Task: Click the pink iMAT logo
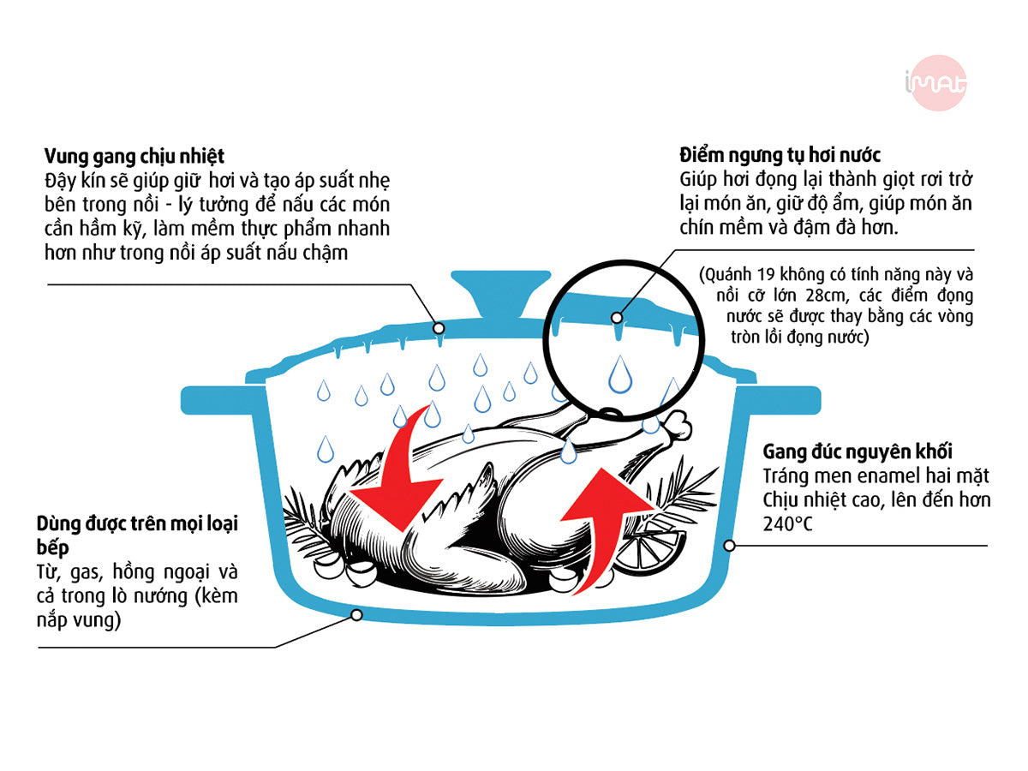click(x=935, y=83)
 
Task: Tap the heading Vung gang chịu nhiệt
click(x=134, y=156)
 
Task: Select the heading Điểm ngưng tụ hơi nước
click(x=780, y=155)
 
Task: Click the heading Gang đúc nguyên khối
click(x=858, y=451)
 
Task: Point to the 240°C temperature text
click(x=788, y=524)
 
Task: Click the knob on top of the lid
click(x=500, y=294)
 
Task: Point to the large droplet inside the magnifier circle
click(x=620, y=374)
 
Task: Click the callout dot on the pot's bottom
click(x=356, y=614)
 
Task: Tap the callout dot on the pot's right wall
click(x=729, y=546)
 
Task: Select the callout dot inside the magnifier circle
click(x=617, y=318)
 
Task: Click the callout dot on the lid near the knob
click(x=439, y=328)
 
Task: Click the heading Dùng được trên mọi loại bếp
click(x=137, y=535)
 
